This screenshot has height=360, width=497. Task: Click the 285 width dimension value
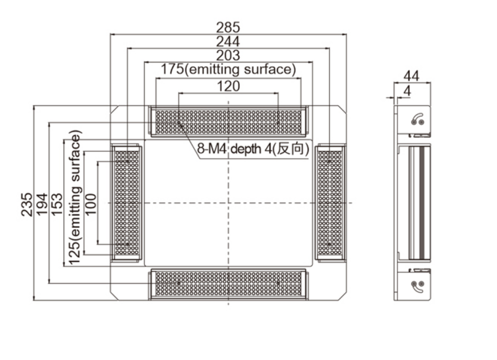pyautogui.click(x=228, y=27)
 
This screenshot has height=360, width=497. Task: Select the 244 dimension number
pyautogui.click(x=228, y=41)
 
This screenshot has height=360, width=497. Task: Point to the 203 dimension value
pyautogui.click(x=228, y=55)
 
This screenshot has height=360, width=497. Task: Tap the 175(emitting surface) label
pyautogui.click(x=228, y=70)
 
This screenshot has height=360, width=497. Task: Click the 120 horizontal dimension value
pyautogui.click(x=228, y=86)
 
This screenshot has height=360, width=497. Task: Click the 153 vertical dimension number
pyautogui.click(x=57, y=204)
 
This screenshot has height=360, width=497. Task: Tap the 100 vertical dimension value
pyautogui.click(x=91, y=204)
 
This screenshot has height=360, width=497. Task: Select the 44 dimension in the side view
pyautogui.click(x=411, y=76)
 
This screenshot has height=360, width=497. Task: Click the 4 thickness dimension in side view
pyautogui.click(x=407, y=91)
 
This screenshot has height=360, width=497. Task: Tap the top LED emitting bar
pyautogui.click(x=228, y=121)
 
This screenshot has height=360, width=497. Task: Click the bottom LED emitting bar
pyautogui.click(x=228, y=284)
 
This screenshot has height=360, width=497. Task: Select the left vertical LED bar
pyautogui.click(x=127, y=203)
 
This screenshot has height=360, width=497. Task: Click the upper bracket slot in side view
pyautogui.click(x=417, y=120)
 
